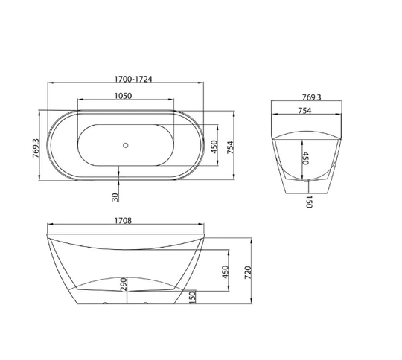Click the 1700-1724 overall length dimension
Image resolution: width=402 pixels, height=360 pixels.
(133, 79)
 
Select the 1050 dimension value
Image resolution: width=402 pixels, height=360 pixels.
(123, 96)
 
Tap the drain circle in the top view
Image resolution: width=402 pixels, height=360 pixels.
(125, 145)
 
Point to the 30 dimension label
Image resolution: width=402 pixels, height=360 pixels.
(115, 197)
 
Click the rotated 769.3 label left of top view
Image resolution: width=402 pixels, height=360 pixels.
(36, 148)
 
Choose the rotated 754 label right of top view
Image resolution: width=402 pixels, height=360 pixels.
(231, 147)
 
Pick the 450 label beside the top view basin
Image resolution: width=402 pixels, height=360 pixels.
(214, 147)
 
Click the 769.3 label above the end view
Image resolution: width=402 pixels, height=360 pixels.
(311, 97)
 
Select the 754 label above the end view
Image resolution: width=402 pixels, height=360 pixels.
(304, 110)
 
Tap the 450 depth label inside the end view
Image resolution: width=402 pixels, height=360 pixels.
(306, 158)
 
